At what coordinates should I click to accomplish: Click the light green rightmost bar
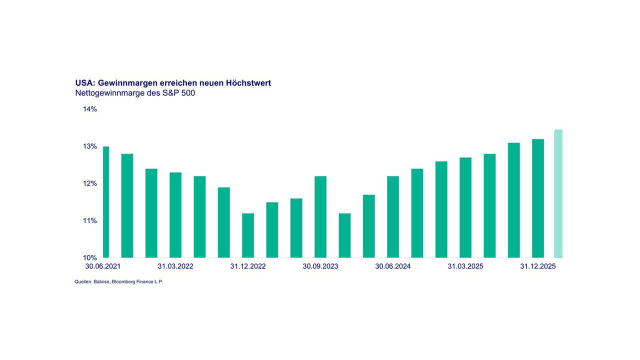(x=558, y=194)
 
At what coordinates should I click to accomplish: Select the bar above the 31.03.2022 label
(x=176, y=215)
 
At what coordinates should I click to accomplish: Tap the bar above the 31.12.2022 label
(x=248, y=235)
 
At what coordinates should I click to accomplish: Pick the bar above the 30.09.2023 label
(x=321, y=217)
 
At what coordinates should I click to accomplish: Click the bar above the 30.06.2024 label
(x=393, y=217)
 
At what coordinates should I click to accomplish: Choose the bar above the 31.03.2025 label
(x=466, y=207)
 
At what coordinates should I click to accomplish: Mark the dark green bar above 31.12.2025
(x=538, y=198)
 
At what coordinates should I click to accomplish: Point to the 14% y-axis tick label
(x=90, y=109)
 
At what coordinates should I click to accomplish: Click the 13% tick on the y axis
(x=90, y=146)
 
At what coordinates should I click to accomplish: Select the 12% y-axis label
(x=90, y=184)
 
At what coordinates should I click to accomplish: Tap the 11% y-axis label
(x=90, y=221)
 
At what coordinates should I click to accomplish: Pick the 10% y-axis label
(x=90, y=258)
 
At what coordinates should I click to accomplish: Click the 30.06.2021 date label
(x=103, y=266)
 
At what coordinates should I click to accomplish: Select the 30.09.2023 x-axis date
(x=321, y=266)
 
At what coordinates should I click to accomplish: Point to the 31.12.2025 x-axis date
(x=538, y=266)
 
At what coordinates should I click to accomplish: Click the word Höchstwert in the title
(x=249, y=83)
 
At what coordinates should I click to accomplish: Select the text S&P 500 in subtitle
(x=179, y=93)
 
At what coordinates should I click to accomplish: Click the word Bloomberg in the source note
(x=124, y=282)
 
